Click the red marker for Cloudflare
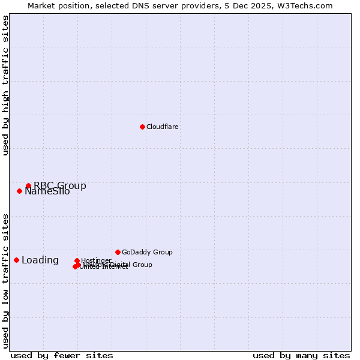142,127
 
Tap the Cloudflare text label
163,127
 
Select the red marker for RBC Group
28,186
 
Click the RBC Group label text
60,186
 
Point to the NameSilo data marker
19,191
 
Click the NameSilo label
47,192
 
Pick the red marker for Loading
16,260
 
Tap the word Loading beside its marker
40,260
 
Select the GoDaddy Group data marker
118,252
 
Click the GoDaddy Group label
147,253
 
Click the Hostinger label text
96,261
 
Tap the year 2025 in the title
260,5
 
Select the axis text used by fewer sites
62,355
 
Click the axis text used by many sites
301,355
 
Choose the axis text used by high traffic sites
5,85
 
